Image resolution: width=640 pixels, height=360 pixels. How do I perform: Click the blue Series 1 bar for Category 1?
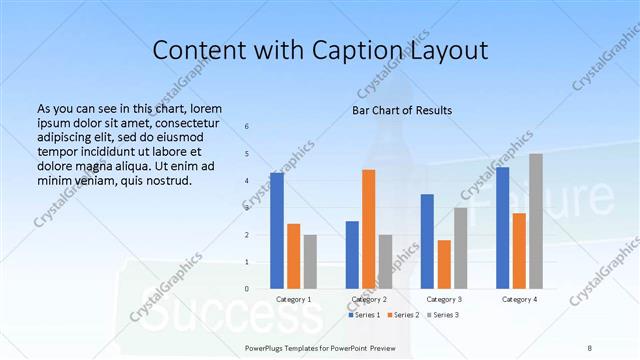277,230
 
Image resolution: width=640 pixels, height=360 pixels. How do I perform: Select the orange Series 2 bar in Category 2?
369,229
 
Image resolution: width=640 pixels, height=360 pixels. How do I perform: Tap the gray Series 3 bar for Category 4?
536,221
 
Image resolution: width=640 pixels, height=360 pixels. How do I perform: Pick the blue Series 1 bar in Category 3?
427,241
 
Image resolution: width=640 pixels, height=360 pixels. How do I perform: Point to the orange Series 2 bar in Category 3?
444,264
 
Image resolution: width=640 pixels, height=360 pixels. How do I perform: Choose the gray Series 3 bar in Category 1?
310,261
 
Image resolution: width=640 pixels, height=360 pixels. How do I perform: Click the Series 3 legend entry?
443,315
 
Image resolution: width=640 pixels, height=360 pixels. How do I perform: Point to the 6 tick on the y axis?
247,127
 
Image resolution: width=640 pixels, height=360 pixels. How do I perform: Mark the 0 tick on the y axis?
247,288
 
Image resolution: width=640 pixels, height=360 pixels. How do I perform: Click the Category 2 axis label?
369,299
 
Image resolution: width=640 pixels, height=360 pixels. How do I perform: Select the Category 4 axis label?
519,299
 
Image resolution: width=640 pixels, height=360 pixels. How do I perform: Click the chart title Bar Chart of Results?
402,109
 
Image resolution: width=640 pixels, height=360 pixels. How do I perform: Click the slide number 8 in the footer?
590,348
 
